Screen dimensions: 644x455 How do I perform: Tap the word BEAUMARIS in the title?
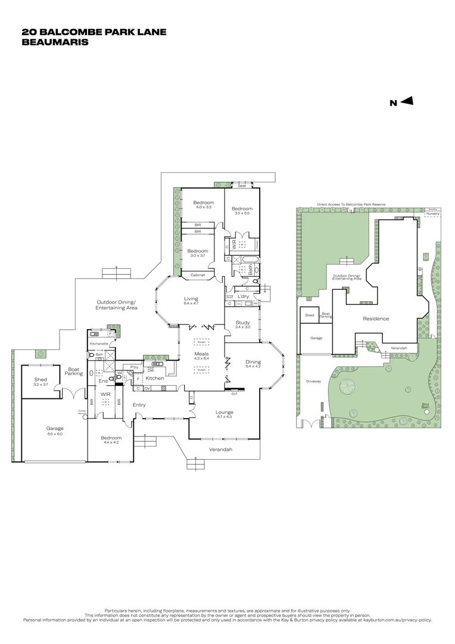pos(54,42)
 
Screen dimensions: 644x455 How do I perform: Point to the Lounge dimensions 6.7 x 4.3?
pos(225,417)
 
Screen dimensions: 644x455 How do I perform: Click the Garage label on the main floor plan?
pos(55,428)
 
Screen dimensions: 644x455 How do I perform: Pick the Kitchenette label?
pos(98,344)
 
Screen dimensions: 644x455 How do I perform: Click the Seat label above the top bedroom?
pos(242,186)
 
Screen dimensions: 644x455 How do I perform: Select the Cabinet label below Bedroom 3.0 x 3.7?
pos(198,275)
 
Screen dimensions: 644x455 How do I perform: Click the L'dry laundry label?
pos(243,296)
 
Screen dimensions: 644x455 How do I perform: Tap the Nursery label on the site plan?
pos(432,213)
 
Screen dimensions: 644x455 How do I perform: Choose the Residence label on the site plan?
pos(376,318)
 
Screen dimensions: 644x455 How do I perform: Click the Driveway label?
pos(313,380)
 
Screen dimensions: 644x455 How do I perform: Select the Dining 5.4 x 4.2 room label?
pos(253,361)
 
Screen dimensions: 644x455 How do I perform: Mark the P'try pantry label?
pos(135,367)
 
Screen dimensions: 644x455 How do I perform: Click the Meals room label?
pos(202,354)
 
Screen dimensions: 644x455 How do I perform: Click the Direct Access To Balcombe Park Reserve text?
pos(351,204)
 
